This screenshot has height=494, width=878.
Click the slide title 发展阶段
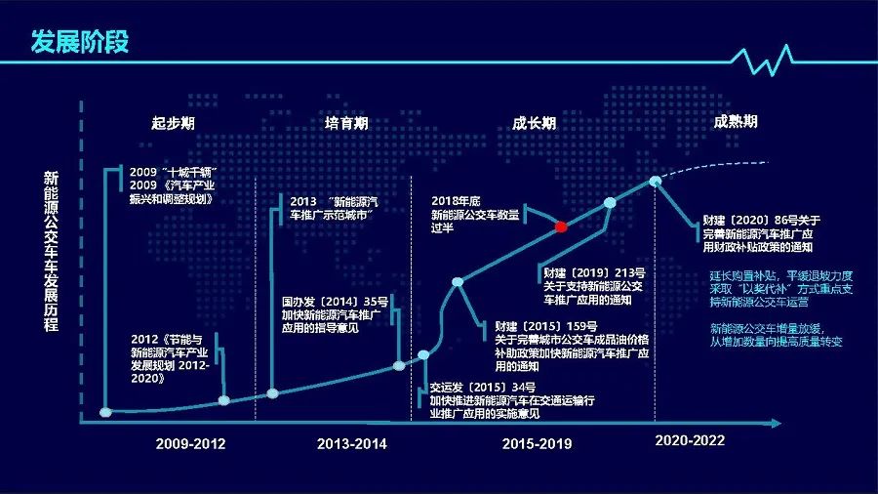80,42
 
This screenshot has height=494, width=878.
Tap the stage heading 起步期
173,124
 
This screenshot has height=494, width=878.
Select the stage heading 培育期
346,124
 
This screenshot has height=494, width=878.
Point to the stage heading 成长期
535,124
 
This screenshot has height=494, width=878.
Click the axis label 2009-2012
190,443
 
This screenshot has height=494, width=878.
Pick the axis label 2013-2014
351,443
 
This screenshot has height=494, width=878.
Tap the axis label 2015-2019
537,443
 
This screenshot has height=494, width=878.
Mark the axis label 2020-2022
690,440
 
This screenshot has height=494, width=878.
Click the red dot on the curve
561,226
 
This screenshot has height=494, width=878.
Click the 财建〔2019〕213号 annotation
593,284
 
